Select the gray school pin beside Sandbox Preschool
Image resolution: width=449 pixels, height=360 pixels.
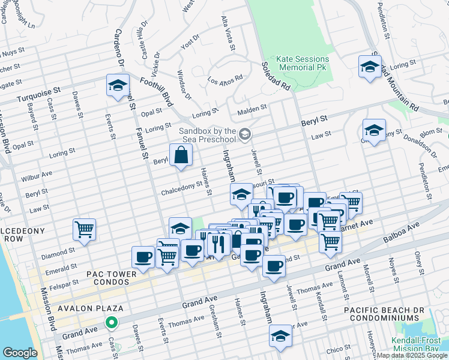tap(244, 134)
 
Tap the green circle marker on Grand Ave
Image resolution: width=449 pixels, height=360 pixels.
tap(111, 323)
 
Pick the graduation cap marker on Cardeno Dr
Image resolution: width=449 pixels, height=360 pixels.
tap(118, 85)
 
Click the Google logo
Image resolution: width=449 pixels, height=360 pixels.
tap(20, 352)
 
